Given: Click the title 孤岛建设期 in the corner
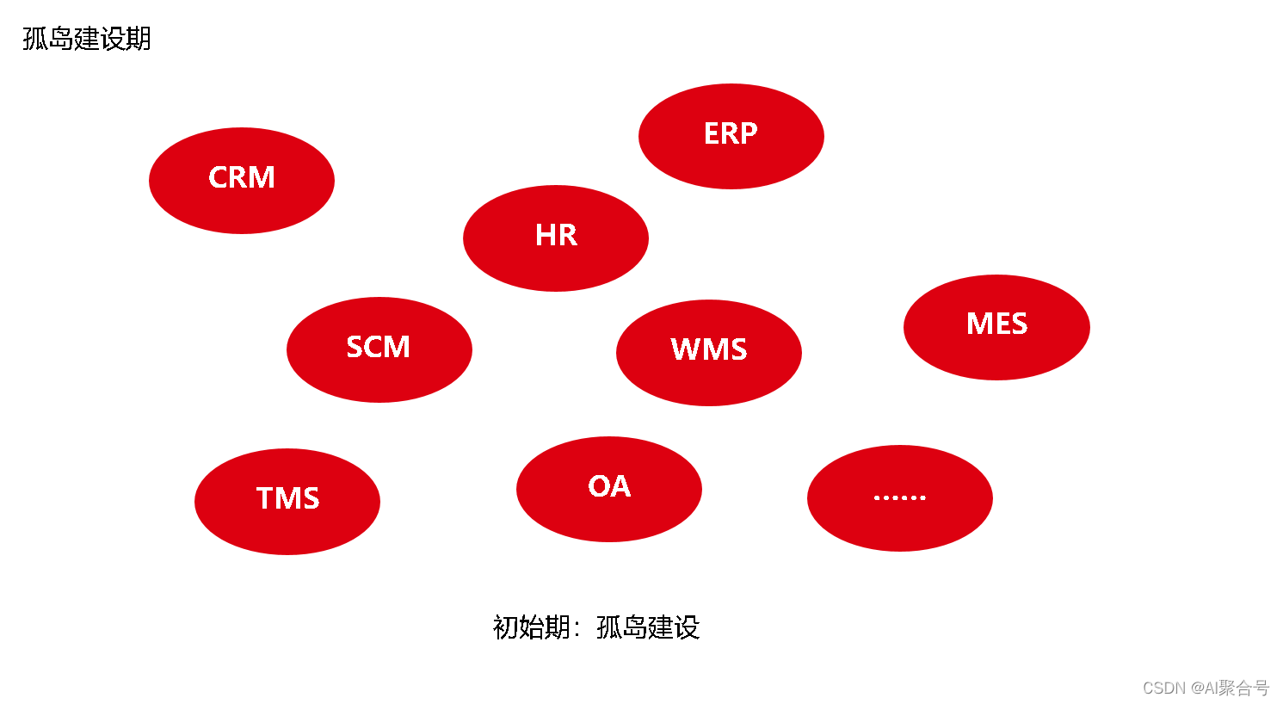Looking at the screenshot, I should click(87, 39).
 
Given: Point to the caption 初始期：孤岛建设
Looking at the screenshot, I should click(595, 627).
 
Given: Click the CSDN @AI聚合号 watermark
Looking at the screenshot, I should click(1206, 688).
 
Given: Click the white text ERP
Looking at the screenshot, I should click(731, 133).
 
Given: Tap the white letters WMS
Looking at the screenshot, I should click(709, 349).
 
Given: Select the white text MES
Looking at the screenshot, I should click(996, 324).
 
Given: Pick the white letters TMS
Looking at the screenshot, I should click(287, 498).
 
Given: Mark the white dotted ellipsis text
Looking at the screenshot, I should click(899, 497).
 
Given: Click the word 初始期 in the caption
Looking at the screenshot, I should click(531, 627).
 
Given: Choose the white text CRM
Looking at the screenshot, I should click(242, 177).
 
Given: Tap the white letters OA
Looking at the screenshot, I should click(609, 486).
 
